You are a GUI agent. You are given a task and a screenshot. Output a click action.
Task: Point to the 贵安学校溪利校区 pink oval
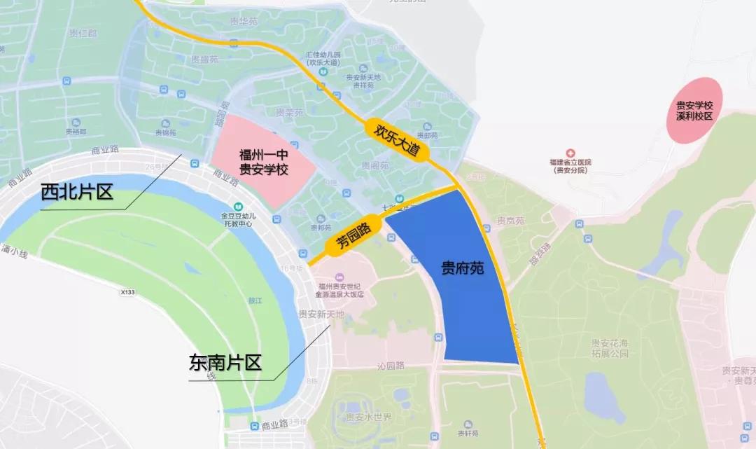694,111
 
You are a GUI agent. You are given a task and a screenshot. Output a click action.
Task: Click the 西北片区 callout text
76,192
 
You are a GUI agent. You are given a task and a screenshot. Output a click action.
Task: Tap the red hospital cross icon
570,152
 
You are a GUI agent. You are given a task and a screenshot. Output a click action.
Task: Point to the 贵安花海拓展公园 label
608,348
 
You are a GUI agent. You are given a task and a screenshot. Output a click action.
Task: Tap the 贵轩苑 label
463,433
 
